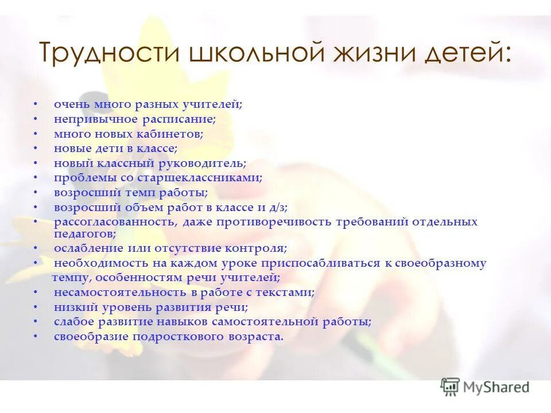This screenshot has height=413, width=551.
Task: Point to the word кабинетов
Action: [x=171, y=134]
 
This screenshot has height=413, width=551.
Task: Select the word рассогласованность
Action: [x=115, y=221]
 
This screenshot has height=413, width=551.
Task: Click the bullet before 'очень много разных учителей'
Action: [x=36, y=105]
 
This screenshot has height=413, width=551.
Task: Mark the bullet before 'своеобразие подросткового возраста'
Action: [x=36, y=337]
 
